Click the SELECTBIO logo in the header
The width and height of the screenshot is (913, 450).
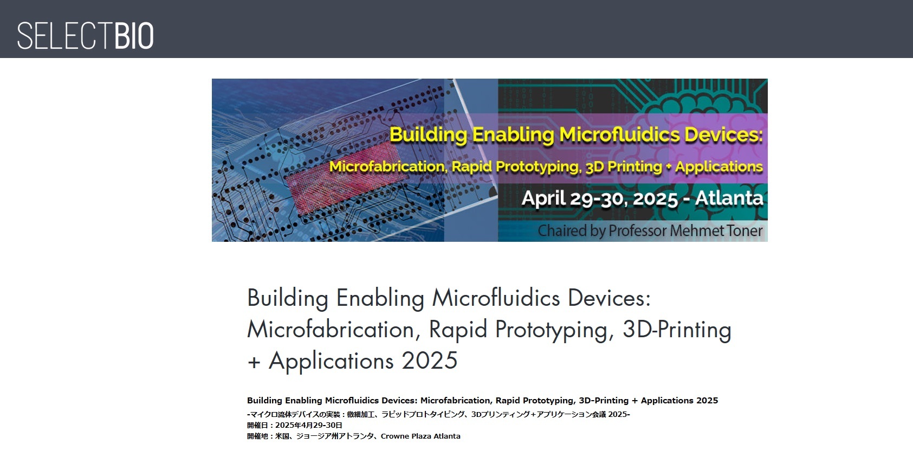pos(85,36)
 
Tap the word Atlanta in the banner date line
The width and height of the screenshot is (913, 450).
pos(729,198)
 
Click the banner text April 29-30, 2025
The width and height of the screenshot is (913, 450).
pos(600,198)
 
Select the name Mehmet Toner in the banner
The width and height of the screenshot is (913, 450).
pos(716,231)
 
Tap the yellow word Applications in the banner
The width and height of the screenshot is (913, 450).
pos(719,167)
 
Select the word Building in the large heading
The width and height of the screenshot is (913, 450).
pos(288,298)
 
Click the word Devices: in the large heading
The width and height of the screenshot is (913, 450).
pos(609,298)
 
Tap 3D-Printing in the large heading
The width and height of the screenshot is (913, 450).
pos(677,329)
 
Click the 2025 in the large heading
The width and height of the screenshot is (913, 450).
pos(430,361)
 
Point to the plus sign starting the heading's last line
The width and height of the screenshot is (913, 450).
pos(254,362)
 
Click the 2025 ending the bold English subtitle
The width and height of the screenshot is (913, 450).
pos(707,401)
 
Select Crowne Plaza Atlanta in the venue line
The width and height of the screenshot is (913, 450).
pos(420,436)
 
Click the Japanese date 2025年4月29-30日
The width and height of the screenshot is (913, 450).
pos(308,425)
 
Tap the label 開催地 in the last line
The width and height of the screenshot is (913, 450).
pos(257,436)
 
